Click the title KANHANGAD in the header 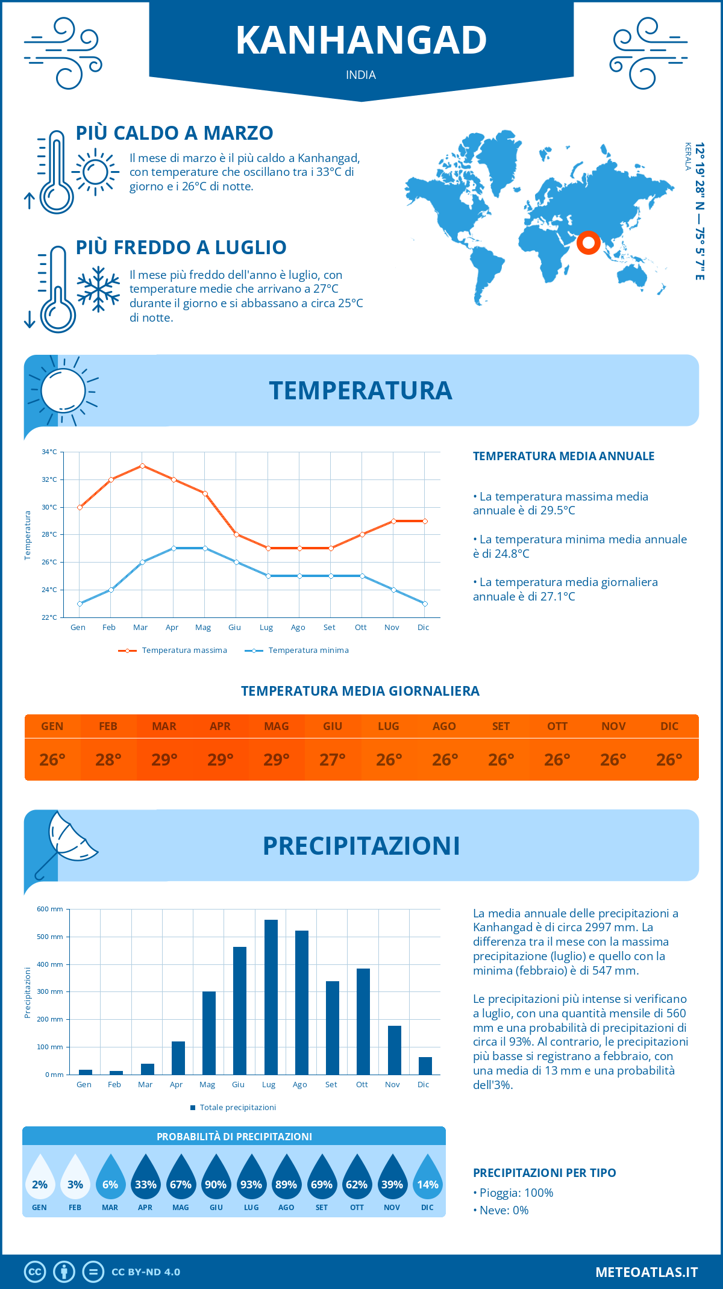point(361,40)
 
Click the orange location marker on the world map point(588,243)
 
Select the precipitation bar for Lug point(271,997)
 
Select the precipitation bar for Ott point(363,1022)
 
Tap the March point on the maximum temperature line point(142,466)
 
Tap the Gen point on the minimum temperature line point(80,604)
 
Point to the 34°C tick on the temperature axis point(49,452)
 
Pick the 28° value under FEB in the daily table point(108,760)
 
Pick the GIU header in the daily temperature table point(333,726)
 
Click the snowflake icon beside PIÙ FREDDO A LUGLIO point(98,289)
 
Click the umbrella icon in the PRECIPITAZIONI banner point(66,840)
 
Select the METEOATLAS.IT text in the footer point(646,1272)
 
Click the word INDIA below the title point(361,75)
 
